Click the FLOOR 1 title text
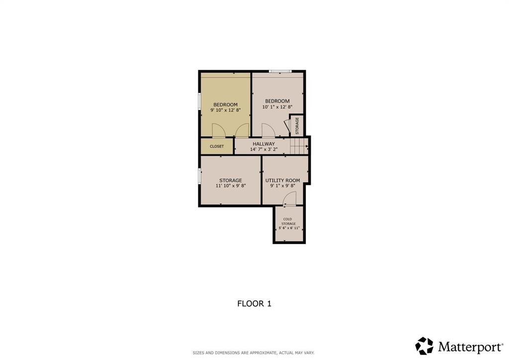pos(254,303)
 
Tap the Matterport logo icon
pos(424,346)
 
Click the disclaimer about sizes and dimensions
pos(254,353)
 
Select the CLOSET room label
pos(217,146)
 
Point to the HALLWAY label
pos(263,144)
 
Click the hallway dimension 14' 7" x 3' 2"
pos(263,150)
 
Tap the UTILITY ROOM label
pos(283,180)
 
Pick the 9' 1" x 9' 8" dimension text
pos(283,186)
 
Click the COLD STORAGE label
pos(288,221)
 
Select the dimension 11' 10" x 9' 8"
pos(231,186)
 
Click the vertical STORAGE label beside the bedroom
pos(297,126)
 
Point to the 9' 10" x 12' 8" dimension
pos(225,110)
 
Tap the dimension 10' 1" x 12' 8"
pos(277,107)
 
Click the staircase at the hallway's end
pos(299,146)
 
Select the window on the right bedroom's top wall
pos(280,72)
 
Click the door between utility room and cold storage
pos(290,199)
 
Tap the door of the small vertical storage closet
pos(287,125)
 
